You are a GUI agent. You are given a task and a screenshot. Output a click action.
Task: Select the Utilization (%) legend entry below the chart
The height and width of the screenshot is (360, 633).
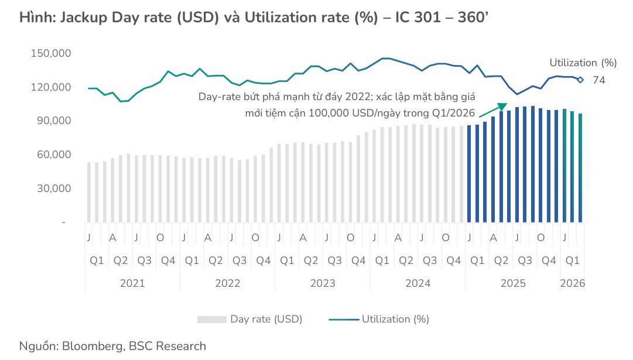pyautogui.click(x=395, y=319)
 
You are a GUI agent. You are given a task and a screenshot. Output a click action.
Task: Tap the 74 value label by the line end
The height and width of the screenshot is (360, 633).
pyautogui.click(x=598, y=81)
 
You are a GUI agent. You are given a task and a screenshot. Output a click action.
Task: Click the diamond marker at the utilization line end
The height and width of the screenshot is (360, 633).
pyautogui.click(x=580, y=80)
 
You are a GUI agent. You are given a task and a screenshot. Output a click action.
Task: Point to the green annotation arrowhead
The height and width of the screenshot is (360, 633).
pyautogui.click(x=501, y=107)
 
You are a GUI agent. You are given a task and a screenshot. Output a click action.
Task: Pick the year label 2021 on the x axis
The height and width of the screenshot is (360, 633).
pyautogui.click(x=132, y=283)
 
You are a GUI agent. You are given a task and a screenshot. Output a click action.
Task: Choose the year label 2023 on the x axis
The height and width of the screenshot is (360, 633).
pyautogui.click(x=323, y=283)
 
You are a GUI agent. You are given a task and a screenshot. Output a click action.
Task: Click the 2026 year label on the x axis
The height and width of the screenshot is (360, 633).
pyautogui.click(x=572, y=283)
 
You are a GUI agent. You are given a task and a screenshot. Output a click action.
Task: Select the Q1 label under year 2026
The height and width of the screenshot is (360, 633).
pyautogui.click(x=572, y=260)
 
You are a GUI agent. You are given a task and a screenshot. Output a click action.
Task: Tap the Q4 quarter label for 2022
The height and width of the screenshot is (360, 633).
pyautogui.click(x=264, y=260)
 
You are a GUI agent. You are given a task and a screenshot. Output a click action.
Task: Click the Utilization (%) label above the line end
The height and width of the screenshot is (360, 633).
pyautogui.click(x=583, y=63)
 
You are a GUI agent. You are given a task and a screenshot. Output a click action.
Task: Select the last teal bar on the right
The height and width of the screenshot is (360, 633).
pyautogui.click(x=580, y=168)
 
